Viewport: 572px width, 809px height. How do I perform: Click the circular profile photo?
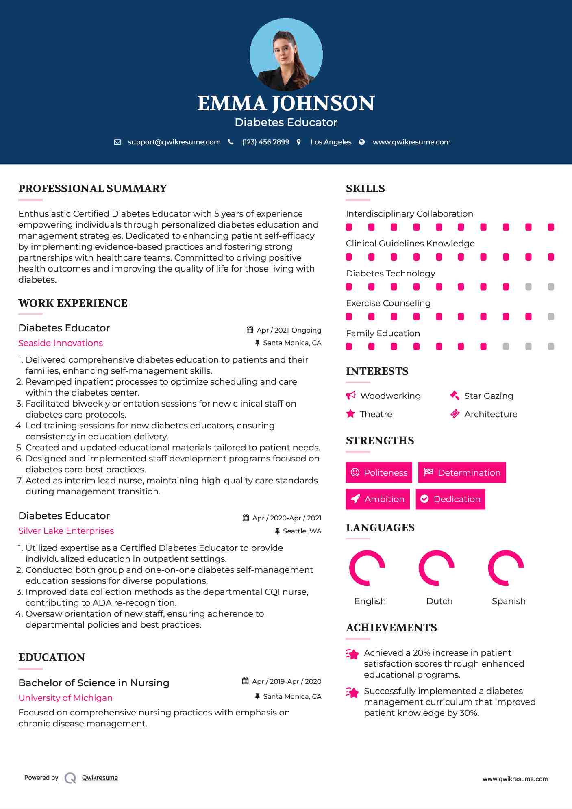click(x=286, y=54)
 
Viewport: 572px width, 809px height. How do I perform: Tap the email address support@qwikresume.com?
click(x=174, y=142)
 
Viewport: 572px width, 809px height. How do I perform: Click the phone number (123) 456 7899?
click(x=265, y=142)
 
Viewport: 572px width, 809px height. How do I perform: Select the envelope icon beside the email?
click(x=117, y=142)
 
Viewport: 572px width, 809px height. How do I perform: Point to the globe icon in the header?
click(x=362, y=142)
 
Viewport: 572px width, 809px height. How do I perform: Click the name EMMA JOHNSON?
click(x=286, y=103)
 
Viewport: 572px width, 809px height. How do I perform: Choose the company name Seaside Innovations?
click(x=61, y=343)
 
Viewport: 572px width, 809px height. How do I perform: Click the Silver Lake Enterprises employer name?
click(x=66, y=531)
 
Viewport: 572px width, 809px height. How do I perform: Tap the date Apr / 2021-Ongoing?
click(x=289, y=330)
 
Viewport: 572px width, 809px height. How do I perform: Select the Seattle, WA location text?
click(x=302, y=531)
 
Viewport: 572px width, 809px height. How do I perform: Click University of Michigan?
click(x=65, y=698)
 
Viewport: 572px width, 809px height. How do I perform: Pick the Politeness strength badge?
click(x=379, y=472)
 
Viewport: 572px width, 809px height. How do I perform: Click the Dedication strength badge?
click(x=450, y=499)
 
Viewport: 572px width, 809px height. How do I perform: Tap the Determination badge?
click(x=462, y=472)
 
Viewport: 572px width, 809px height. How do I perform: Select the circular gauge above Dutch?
click(x=436, y=568)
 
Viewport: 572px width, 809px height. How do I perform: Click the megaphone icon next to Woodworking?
click(x=350, y=396)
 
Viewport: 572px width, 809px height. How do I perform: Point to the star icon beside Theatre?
click(x=350, y=414)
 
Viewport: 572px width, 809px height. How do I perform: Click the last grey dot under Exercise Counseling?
click(x=551, y=317)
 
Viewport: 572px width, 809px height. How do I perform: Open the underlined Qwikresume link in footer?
click(x=100, y=778)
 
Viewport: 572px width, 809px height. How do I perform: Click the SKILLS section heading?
click(x=365, y=189)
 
